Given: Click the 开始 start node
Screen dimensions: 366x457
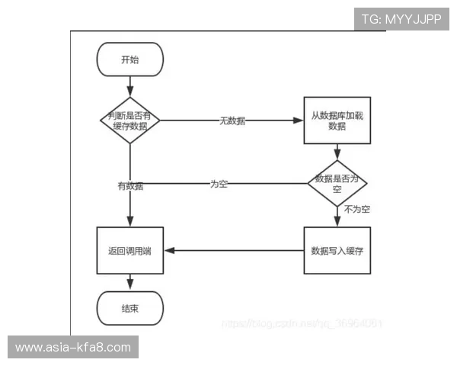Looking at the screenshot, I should [x=130, y=59].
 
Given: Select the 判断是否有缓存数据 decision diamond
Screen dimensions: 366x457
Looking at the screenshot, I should [x=130, y=120].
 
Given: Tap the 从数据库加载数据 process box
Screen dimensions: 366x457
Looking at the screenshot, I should [x=337, y=120].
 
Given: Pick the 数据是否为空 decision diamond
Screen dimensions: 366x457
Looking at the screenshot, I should [x=337, y=183].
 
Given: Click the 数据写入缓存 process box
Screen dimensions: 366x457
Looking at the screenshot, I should [x=337, y=250].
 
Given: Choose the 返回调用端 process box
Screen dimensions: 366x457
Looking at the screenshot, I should [x=130, y=250].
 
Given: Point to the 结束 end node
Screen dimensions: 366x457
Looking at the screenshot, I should [x=130, y=308].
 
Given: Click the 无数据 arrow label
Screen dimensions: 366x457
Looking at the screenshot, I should [x=232, y=120].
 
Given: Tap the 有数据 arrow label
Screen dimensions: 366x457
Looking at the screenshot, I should [x=130, y=185].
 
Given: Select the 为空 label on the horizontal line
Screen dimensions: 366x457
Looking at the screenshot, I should [x=219, y=184].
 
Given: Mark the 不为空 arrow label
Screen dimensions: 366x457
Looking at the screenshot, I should [x=356, y=208].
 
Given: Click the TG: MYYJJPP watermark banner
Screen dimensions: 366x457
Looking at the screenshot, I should [x=401, y=19].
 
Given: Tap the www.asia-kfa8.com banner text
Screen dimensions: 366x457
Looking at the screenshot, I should [x=73, y=348].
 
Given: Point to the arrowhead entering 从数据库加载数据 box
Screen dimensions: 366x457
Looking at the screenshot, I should [x=299, y=120].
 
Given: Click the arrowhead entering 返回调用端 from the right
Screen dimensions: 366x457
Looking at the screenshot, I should [x=169, y=250].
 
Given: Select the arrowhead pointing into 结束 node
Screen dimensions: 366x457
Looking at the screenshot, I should [x=130, y=287].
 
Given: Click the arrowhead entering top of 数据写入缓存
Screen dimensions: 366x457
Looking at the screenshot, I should [x=337, y=223].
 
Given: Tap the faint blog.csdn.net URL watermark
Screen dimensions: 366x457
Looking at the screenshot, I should [x=302, y=323].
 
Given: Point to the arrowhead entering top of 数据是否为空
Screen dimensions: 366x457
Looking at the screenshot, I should [x=337, y=156].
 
